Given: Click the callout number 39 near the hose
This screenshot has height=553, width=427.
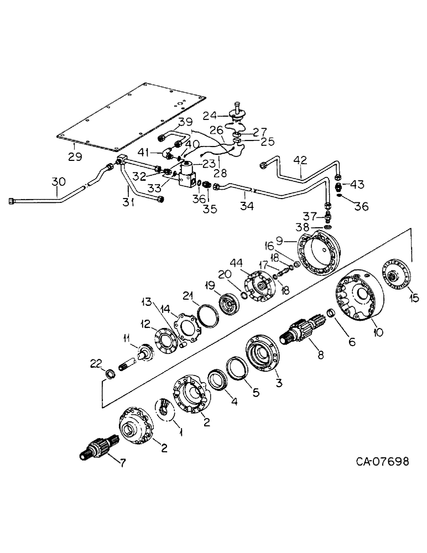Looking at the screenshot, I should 185,122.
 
